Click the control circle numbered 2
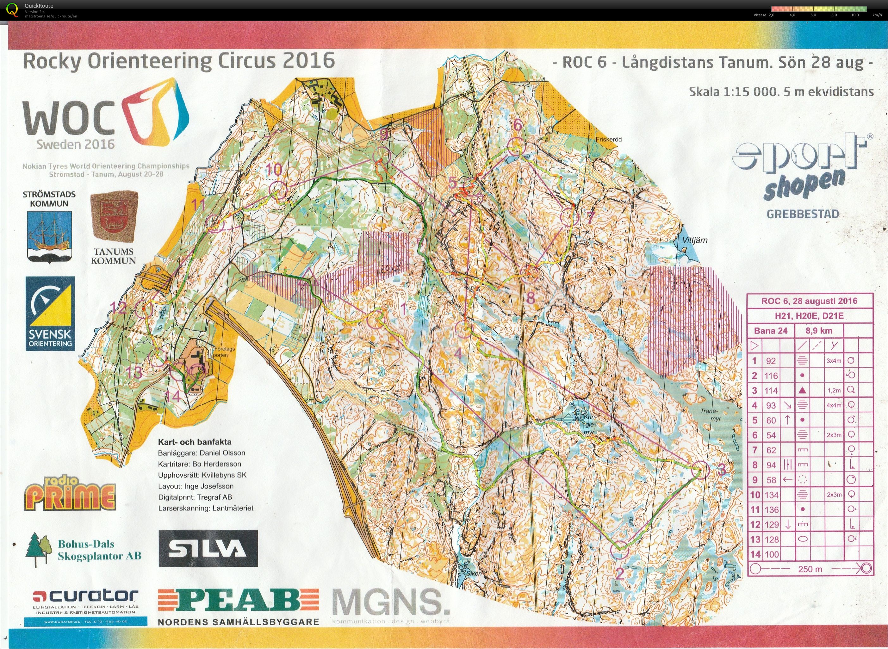620,550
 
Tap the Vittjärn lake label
695,240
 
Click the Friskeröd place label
609,140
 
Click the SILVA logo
208,548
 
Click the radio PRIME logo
71,493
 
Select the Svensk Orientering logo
50,313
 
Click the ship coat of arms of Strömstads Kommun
49,236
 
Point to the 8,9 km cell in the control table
819,331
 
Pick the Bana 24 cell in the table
771,331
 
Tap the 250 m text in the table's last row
810,569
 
